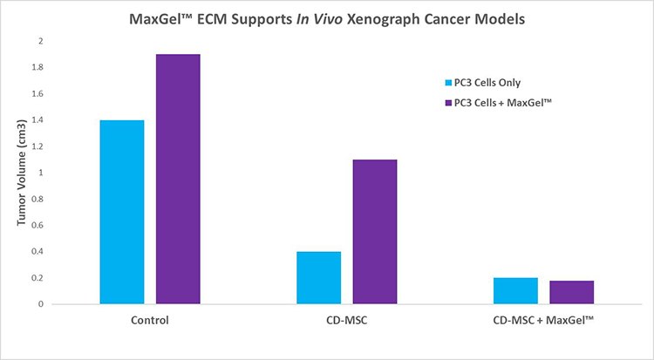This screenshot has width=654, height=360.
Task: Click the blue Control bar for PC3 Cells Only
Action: tap(122, 212)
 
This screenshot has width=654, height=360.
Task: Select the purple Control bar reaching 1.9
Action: tap(178, 179)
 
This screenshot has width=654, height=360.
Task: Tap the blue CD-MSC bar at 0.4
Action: tap(318, 277)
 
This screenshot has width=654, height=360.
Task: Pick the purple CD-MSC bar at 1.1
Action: tap(374, 231)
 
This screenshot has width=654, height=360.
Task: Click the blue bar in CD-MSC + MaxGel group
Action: tap(515, 290)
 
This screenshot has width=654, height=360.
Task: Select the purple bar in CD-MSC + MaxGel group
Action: tap(571, 292)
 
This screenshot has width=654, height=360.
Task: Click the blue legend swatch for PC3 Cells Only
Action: tap(448, 83)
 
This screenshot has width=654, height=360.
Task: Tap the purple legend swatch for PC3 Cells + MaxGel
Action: tap(448, 103)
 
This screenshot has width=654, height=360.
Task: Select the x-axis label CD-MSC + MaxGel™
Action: tap(542, 320)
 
